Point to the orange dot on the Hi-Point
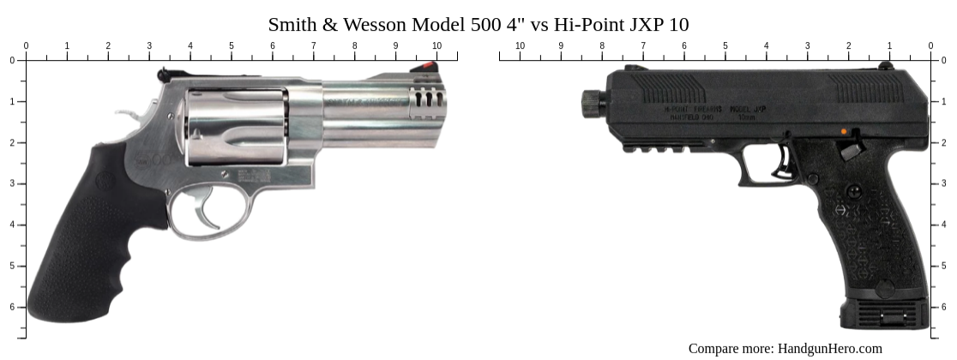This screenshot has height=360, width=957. pyautogui.click(x=844, y=132)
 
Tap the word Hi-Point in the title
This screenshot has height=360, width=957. pyautogui.click(x=590, y=24)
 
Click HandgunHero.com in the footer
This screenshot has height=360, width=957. pyautogui.click(x=829, y=348)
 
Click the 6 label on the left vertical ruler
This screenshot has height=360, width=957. pyautogui.click(x=12, y=307)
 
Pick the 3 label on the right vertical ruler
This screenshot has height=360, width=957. pyautogui.click(x=945, y=183)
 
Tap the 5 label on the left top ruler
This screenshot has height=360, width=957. pyautogui.click(x=232, y=45)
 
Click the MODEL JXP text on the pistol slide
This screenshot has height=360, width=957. pyautogui.click(x=747, y=110)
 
